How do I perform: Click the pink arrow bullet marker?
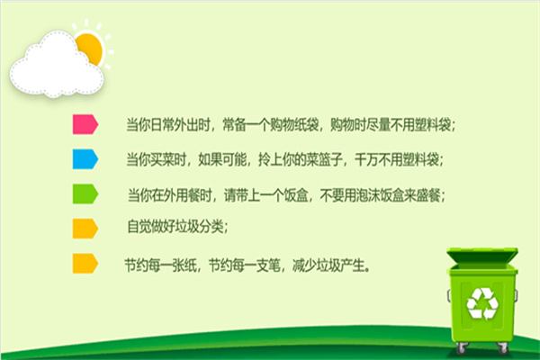click(85, 124)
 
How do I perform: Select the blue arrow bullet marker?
click(85, 158)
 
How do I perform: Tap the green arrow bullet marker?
click(85, 193)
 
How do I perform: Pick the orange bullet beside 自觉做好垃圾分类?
click(85, 229)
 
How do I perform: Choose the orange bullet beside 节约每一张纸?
click(85, 264)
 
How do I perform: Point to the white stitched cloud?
click(57, 66)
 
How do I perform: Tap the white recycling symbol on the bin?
click(482, 303)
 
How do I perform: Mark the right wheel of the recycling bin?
click(503, 348)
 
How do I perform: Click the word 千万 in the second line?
click(366, 159)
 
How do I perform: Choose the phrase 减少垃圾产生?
click(328, 265)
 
